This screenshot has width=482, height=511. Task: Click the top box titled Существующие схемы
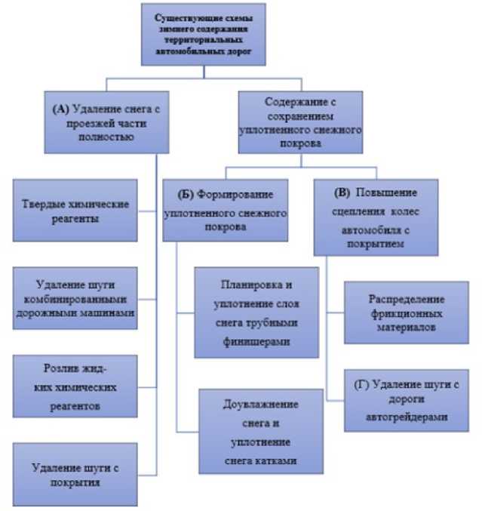tap(203, 35)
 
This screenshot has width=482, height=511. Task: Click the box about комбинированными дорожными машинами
tap(76, 297)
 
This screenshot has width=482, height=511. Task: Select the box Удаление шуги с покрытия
tap(76, 474)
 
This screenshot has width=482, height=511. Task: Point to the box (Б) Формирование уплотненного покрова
tap(226, 209)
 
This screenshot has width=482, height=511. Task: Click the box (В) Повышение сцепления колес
tap(375, 217)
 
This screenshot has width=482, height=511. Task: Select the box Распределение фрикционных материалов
tap(407, 312)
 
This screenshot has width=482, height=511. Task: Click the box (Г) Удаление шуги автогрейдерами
tap(407, 400)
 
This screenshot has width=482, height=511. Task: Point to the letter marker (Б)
tap(186, 194)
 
